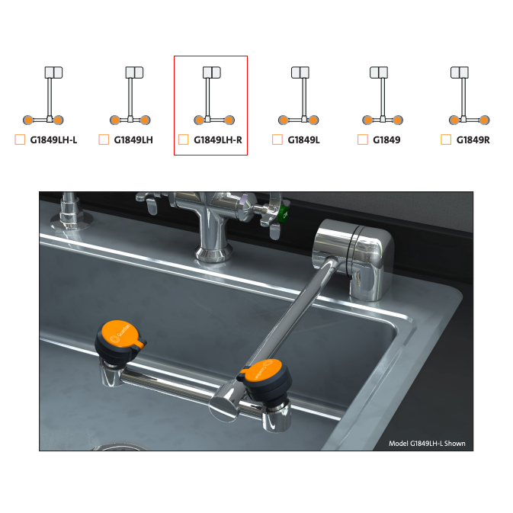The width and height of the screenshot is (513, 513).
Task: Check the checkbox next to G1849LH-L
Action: click(x=20, y=139)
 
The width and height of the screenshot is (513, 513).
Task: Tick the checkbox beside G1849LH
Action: click(x=104, y=139)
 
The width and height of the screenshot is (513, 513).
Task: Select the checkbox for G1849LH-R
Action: click(x=183, y=139)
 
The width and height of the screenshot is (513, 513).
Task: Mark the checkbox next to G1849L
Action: click(x=277, y=139)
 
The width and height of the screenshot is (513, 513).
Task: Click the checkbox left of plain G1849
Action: click(x=363, y=139)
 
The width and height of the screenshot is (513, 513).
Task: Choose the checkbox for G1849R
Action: click(x=446, y=139)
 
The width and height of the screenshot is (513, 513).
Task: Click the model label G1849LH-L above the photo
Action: click(x=53, y=140)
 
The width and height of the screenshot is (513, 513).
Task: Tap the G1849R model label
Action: click(x=473, y=140)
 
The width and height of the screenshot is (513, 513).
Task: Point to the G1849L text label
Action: click(x=303, y=140)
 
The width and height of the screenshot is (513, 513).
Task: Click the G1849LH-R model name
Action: click(x=218, y=140)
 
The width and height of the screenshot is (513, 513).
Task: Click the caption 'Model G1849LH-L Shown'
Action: click(x=427, y=444)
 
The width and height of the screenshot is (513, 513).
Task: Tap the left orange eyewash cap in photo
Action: click(x=120, y=334)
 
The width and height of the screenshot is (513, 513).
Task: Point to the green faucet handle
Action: click(x=283, y=215)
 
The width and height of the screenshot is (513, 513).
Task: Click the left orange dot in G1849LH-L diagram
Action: click(x=28, y=120)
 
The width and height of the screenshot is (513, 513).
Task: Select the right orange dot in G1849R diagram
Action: click(x=485, y=120)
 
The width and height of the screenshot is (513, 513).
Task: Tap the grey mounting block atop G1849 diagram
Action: click(x=379, y=72)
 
